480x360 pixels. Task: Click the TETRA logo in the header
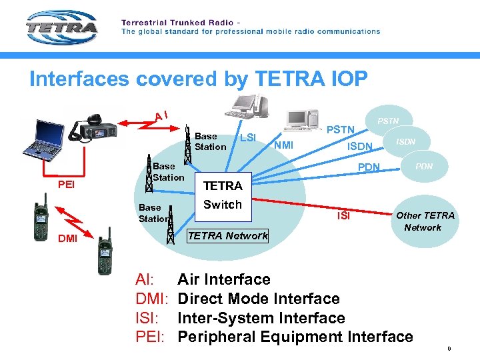click(61, 28)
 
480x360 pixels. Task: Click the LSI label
click(247, 138)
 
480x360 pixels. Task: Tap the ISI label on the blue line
click(343, 215)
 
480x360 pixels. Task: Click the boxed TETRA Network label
click(227, 235)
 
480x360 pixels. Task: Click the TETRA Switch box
click(222, 195)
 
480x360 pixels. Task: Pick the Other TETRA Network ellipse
click(425, 221)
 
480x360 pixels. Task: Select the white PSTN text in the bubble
click(388, 121)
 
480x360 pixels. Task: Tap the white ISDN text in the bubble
click(406, 141)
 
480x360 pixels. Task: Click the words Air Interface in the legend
click(223, 279)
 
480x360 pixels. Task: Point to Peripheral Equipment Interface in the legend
click(295, 337)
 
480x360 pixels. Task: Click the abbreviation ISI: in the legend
click(150, 318)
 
